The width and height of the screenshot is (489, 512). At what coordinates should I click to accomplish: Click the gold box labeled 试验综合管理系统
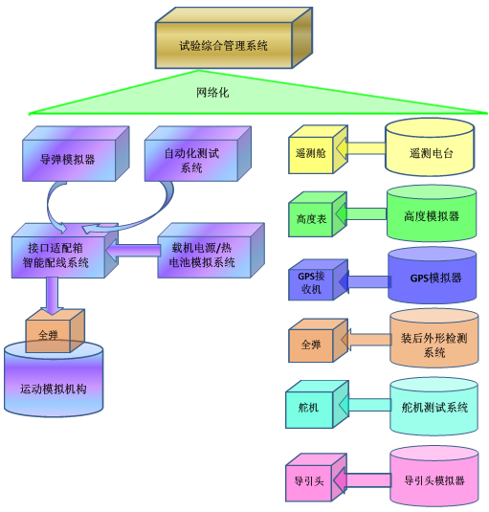point(233,38)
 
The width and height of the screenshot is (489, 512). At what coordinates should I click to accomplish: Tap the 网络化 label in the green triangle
point(212,93)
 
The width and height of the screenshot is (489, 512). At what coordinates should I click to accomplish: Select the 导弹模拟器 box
point(76,154)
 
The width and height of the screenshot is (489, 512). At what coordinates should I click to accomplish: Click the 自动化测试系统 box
point(198,154)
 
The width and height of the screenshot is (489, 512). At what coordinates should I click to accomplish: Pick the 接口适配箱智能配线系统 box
point(65,251)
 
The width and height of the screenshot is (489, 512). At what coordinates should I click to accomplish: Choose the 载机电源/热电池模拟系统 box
point(211,251)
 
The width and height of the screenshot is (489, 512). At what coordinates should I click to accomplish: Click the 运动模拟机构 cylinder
point(54,379)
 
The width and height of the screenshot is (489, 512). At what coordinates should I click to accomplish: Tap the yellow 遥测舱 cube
point(318,149)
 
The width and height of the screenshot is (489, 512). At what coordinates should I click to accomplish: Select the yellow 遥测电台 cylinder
point(430,147)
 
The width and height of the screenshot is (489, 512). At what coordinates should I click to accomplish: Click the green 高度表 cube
point(318,214)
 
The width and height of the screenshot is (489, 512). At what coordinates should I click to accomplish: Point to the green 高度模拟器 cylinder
point(432,213)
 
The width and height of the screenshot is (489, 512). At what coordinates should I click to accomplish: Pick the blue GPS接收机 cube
point(318,280)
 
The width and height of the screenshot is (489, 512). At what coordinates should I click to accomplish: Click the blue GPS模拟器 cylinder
point(433,276)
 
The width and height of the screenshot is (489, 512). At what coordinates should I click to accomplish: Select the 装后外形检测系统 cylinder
point(434,338)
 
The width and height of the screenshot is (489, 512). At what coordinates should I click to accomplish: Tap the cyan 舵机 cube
point(317,405)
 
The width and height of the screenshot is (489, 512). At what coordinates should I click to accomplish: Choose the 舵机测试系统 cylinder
point(434,407)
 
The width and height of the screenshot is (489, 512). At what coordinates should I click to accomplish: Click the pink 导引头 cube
point(316,478)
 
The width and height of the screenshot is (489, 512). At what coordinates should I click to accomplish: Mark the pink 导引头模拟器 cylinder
point(434,478)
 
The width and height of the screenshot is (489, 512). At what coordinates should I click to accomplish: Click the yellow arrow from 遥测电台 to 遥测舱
point(361,148)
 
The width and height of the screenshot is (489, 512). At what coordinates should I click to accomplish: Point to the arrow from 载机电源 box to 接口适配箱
point(133,251)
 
